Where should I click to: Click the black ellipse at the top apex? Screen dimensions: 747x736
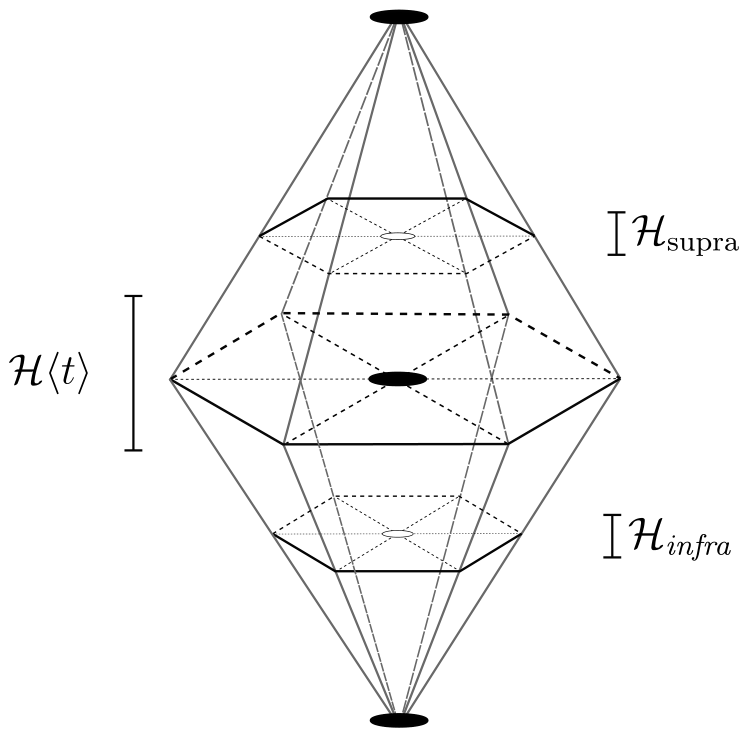click(399, 17)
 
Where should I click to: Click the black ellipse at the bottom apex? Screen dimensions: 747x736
click(399, 720)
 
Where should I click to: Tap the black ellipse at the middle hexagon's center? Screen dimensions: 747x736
click(398, 379)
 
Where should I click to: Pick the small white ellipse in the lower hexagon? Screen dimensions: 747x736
click(398, 534)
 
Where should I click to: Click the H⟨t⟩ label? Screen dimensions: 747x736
click(49, 372)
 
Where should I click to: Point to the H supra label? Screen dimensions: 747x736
click(685, 232)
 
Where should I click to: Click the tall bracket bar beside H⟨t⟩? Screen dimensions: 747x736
click(133, 373)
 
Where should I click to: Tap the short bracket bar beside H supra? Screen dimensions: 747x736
click(616, 234)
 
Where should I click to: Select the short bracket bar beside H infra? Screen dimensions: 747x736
click(613, 536)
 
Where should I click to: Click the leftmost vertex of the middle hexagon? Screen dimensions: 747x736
click(171, 378)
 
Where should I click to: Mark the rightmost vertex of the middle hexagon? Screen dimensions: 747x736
click(619, 378)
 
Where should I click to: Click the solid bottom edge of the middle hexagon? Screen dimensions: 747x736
click(396, 444)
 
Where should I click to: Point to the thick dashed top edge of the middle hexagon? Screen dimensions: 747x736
click(396, 313)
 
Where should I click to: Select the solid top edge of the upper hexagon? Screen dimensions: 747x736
click(396, 198)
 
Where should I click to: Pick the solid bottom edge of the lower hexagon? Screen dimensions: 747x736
click(397, 570)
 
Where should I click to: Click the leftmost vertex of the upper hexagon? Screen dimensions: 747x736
click(260, 235)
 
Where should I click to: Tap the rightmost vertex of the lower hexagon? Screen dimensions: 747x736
click(522, 534)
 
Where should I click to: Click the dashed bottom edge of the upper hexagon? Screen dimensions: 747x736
click(396, 273)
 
